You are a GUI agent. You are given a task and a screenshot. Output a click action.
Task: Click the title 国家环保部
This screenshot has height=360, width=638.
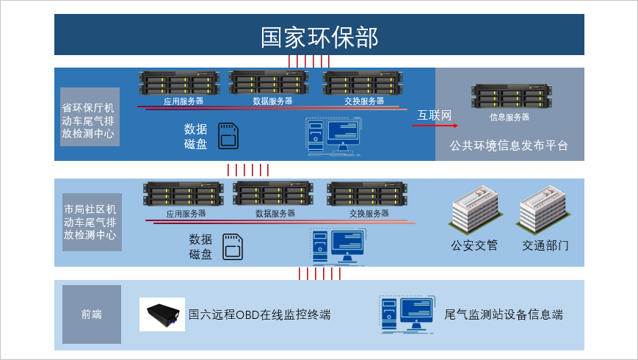319,37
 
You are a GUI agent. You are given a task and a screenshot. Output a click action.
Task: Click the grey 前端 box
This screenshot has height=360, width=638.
91,314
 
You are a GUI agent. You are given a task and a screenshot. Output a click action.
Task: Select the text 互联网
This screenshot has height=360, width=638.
434,115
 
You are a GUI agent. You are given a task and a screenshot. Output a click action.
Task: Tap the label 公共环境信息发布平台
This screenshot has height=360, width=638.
509,145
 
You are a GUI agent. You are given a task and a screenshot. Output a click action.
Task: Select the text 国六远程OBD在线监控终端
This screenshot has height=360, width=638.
260,315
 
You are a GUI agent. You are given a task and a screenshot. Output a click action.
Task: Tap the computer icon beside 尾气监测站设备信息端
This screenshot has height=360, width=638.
406,314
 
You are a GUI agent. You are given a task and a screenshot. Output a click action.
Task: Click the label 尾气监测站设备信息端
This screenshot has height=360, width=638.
504,315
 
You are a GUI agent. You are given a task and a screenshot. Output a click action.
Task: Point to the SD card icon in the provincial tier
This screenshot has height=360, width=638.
230,136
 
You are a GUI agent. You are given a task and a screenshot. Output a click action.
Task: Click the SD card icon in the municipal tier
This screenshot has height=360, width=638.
233,245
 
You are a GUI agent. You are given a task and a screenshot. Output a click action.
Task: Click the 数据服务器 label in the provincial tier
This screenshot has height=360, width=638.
272,101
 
